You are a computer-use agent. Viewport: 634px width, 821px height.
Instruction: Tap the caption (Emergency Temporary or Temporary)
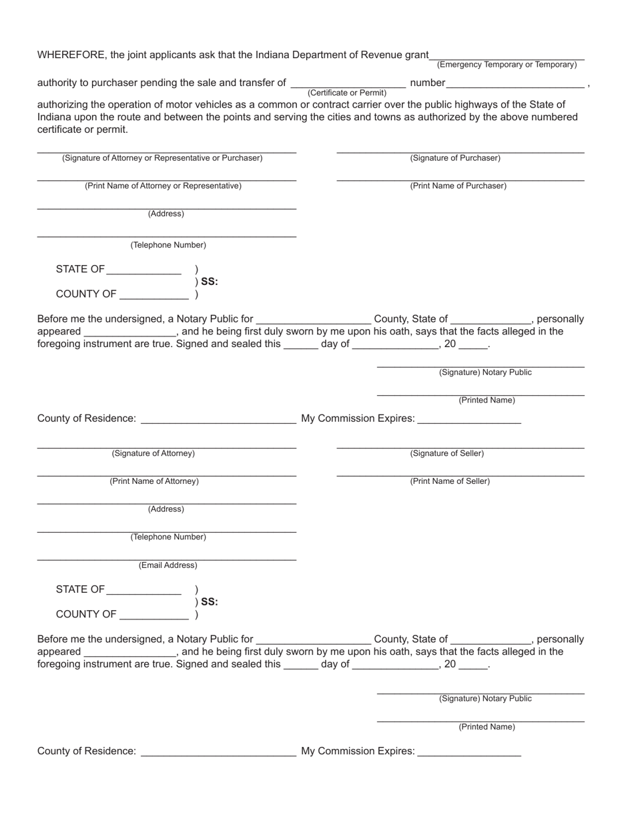coord(507,65)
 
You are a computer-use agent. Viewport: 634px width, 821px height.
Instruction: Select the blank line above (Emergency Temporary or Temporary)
coord(507,59)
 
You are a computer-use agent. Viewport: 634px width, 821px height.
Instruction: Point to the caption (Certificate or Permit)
coord(347,93)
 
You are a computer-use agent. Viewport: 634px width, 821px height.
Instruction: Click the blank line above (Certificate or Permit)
coord(348,87)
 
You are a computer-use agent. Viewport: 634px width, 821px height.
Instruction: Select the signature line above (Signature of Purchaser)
coord(460,152)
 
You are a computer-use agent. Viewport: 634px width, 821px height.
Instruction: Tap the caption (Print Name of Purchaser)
coord(458,186)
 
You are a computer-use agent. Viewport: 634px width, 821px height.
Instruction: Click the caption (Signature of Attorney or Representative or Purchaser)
coord(162,158)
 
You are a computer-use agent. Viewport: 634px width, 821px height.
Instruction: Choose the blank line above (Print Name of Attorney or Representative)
coord(166,180)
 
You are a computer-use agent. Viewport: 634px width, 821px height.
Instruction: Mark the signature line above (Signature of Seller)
coord(460,447)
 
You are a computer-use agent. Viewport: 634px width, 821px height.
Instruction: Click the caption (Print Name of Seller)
coord(450,481)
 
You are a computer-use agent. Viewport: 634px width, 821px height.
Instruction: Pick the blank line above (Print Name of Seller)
coord(460,475)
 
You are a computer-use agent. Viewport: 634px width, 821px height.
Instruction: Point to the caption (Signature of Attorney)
coord(153,453)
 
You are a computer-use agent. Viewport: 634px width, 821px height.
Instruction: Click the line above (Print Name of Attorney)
coord(166,475)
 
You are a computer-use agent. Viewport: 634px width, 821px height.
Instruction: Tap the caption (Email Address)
coord(168,565)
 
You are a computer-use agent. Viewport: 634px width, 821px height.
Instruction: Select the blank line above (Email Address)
coord(166,559)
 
